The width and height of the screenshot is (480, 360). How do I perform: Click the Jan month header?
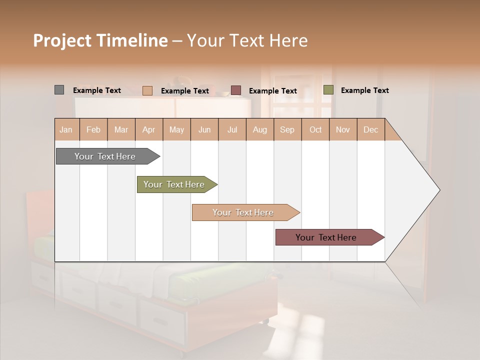coord(66,130)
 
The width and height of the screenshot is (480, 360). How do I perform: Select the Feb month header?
coord(93,130)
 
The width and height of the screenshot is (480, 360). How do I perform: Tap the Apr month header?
coord(149,130)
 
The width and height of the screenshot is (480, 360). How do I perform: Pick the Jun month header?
coord(204,130)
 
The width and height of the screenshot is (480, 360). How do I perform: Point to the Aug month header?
coord(260,130)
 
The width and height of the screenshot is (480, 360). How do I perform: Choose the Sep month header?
coord(287,130)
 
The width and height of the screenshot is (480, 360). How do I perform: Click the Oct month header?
coord(315,130)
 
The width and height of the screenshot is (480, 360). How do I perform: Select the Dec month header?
coord(371,130)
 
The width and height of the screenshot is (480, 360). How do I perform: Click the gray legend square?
coord(59,90)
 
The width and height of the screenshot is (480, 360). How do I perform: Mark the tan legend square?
coord(147,90)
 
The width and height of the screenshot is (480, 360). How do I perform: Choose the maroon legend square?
coord(235,90)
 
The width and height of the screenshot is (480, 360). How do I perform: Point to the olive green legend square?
coord(328,90)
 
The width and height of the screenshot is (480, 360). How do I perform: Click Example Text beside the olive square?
coord(364,90)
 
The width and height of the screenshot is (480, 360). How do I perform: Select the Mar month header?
coord(121,130)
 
